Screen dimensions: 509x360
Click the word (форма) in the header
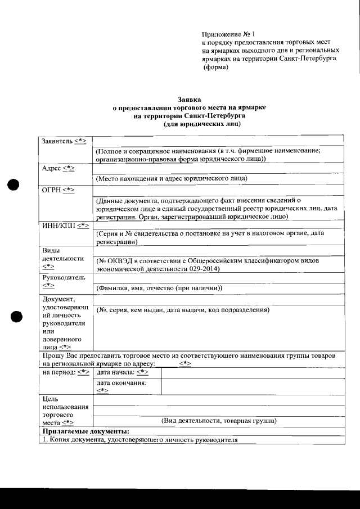[216, 67]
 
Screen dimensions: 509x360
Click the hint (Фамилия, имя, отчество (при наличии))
[159, 289]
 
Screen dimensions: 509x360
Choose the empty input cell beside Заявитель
[217, 141]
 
